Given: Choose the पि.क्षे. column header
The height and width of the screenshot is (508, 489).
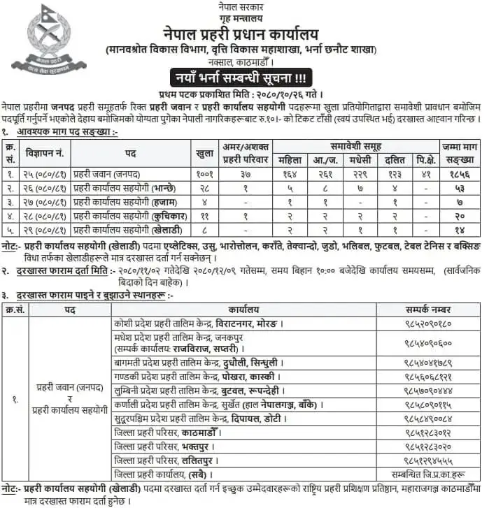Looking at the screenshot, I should point(425,159).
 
